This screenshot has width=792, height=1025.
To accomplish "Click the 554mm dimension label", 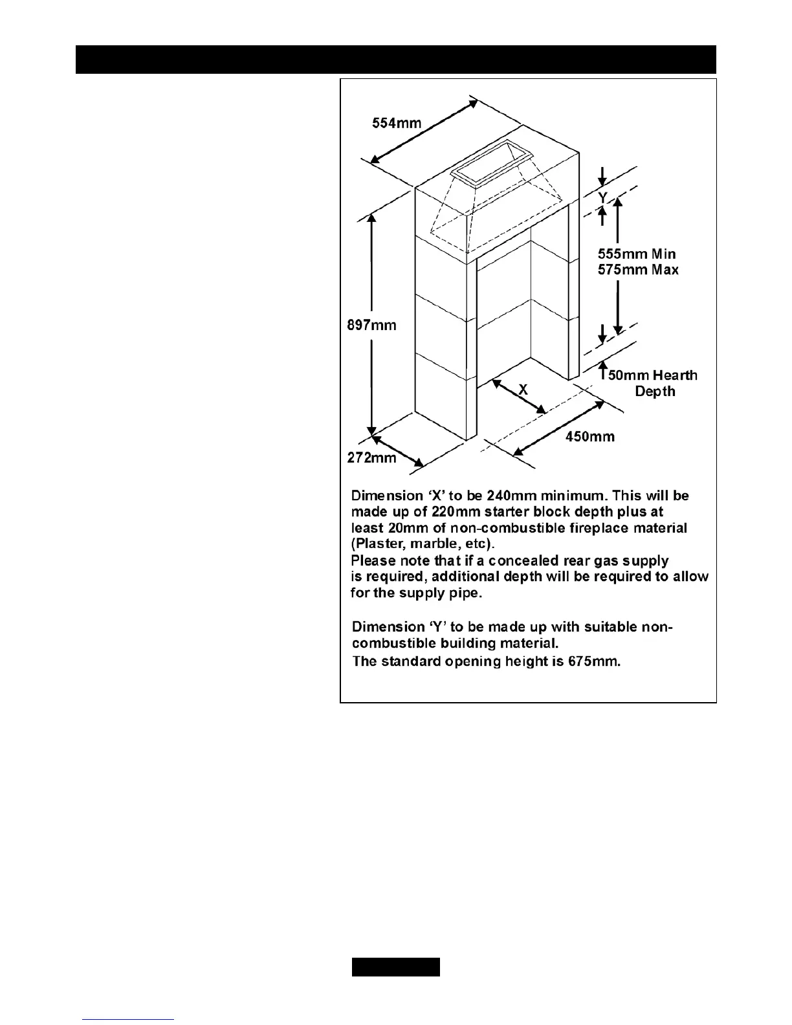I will pyautogui.click(x=396, y=122).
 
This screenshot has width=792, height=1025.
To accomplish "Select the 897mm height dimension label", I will pyautogui.click(x=371, y=325).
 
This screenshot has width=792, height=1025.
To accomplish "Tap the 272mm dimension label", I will pyautogui.click(x=371, y=458).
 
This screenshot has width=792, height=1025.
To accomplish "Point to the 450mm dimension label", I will pyautogui.click(x=590, y=437).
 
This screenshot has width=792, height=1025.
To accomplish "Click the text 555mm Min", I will pyautogui.click(x=637, y=254).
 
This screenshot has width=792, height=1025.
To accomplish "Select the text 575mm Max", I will pyautogui.click(x=638, y=270).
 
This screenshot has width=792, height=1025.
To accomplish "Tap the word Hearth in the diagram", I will pyautogui.click(x=676, y=375).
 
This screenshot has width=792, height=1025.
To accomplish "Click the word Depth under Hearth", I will pyautogui.click(x=655, y=391).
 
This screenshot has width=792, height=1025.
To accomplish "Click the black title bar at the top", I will pyautogui.click(x=396, y=60).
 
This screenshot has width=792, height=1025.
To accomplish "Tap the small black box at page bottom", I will pyautogui.click(x=396, y=967).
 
